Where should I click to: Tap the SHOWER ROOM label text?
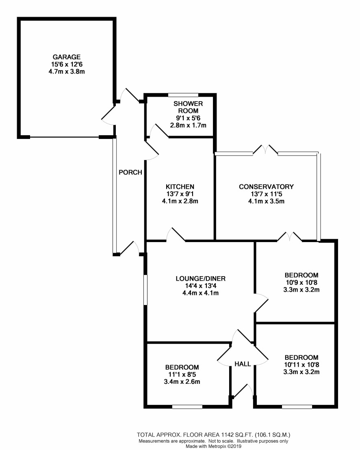[188, 107]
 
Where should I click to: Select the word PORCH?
[130, 172]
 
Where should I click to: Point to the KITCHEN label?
[179, 186]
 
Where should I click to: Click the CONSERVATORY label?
[266, 186]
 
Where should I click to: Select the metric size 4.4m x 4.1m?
[200, 293]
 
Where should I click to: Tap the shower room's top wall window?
[183, 95]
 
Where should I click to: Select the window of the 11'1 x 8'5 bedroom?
[187, 406]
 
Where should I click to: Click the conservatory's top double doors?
[265, 151]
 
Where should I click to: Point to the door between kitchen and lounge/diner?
[176, 236]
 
